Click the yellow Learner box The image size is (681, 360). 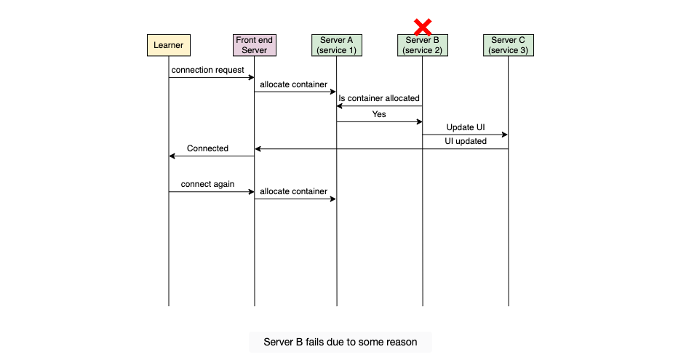pos(169,45)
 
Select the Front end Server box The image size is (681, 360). pos(255,45)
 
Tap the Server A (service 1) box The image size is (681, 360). pos(337,45)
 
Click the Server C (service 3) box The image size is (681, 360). pos(508,45)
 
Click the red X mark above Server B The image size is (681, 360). pos(423,27)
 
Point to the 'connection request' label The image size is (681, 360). pos(207,70)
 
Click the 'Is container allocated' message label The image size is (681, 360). pos(379,98)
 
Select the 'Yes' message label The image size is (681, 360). pos(379,114)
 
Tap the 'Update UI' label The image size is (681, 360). pos(466,127)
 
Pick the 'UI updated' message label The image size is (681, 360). pos(466,141)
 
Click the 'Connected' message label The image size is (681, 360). pos(207,148)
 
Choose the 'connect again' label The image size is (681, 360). pos(207,184)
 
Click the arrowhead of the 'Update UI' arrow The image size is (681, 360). pos(505,135)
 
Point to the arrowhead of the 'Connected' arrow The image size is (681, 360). pos(172,156)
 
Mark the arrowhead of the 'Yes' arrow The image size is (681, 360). pos(420,121)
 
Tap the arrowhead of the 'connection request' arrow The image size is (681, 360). pos(252,77)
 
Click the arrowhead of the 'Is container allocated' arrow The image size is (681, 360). pos(340,106)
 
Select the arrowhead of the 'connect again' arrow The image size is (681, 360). pos(252,191)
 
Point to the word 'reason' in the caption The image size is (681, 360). pos(402,343)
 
